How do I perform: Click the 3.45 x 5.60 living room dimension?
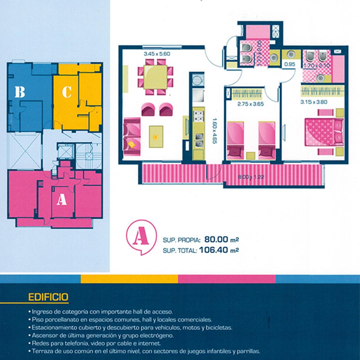click(x=157, y=54)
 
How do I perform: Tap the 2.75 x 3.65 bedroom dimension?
click(x=250, y=104)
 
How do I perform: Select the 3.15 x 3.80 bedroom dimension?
click(x=314, y=102)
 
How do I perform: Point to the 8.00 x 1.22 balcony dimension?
click(x=251, y=177)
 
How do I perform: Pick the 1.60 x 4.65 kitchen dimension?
click(x=215, y=131)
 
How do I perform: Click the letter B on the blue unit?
click(x=20, y=92)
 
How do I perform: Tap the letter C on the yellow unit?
click(x=67, y=92)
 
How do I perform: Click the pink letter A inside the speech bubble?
click(x=141, y=236)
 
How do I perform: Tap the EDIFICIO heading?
click(x=48, y=297)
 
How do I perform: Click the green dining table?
click(x=155, y=77)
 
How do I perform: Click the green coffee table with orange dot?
click(x=156, y=137)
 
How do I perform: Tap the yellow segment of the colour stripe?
click(x=129, y=279)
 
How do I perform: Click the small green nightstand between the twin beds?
click(x=250, y=156)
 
